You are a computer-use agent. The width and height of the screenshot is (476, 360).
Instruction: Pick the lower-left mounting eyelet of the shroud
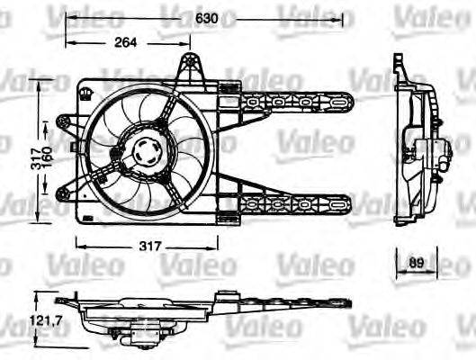pos(62,191)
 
